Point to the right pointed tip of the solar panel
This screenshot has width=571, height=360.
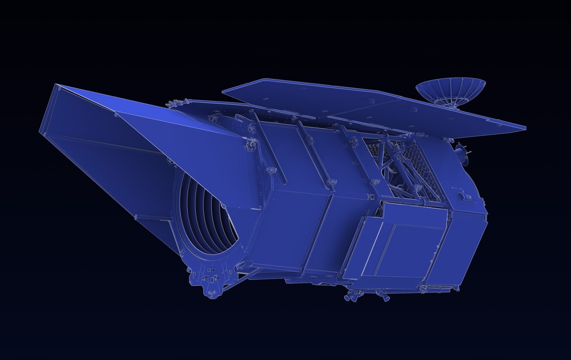click(525, 128)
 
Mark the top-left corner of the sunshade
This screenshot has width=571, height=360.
click(56, 85)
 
